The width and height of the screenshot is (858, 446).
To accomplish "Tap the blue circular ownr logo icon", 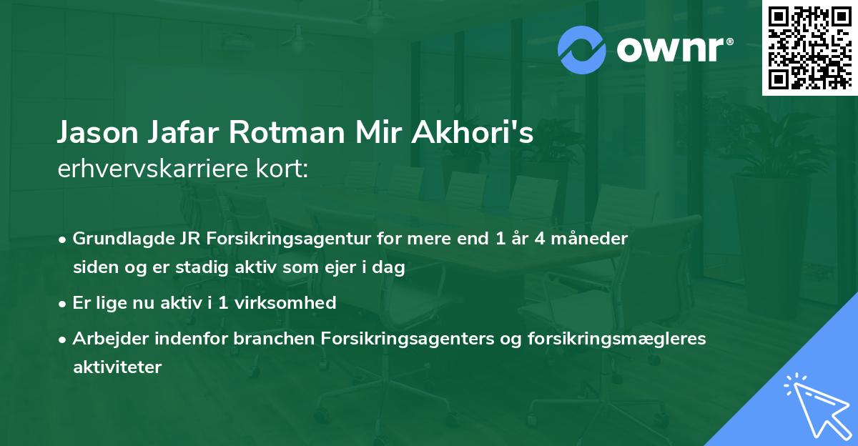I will tap(582, 50).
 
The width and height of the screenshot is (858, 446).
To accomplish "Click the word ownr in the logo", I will tap(671, 50).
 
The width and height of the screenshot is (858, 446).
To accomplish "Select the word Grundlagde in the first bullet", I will tap(118, 239).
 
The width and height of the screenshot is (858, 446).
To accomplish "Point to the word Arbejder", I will tap(103, 338).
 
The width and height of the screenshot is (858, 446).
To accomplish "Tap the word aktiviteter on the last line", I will tap(117, 367).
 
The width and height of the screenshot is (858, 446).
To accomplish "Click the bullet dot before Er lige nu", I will tap(63, 303).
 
